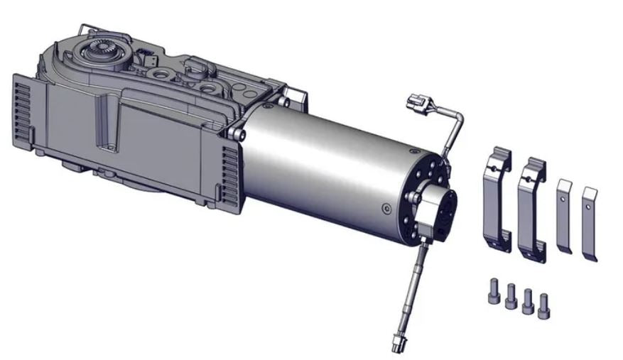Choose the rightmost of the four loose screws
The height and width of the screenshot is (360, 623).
point(545,303)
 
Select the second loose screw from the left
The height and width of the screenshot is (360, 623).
point(510,300)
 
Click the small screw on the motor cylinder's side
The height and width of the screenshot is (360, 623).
point(385,208)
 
